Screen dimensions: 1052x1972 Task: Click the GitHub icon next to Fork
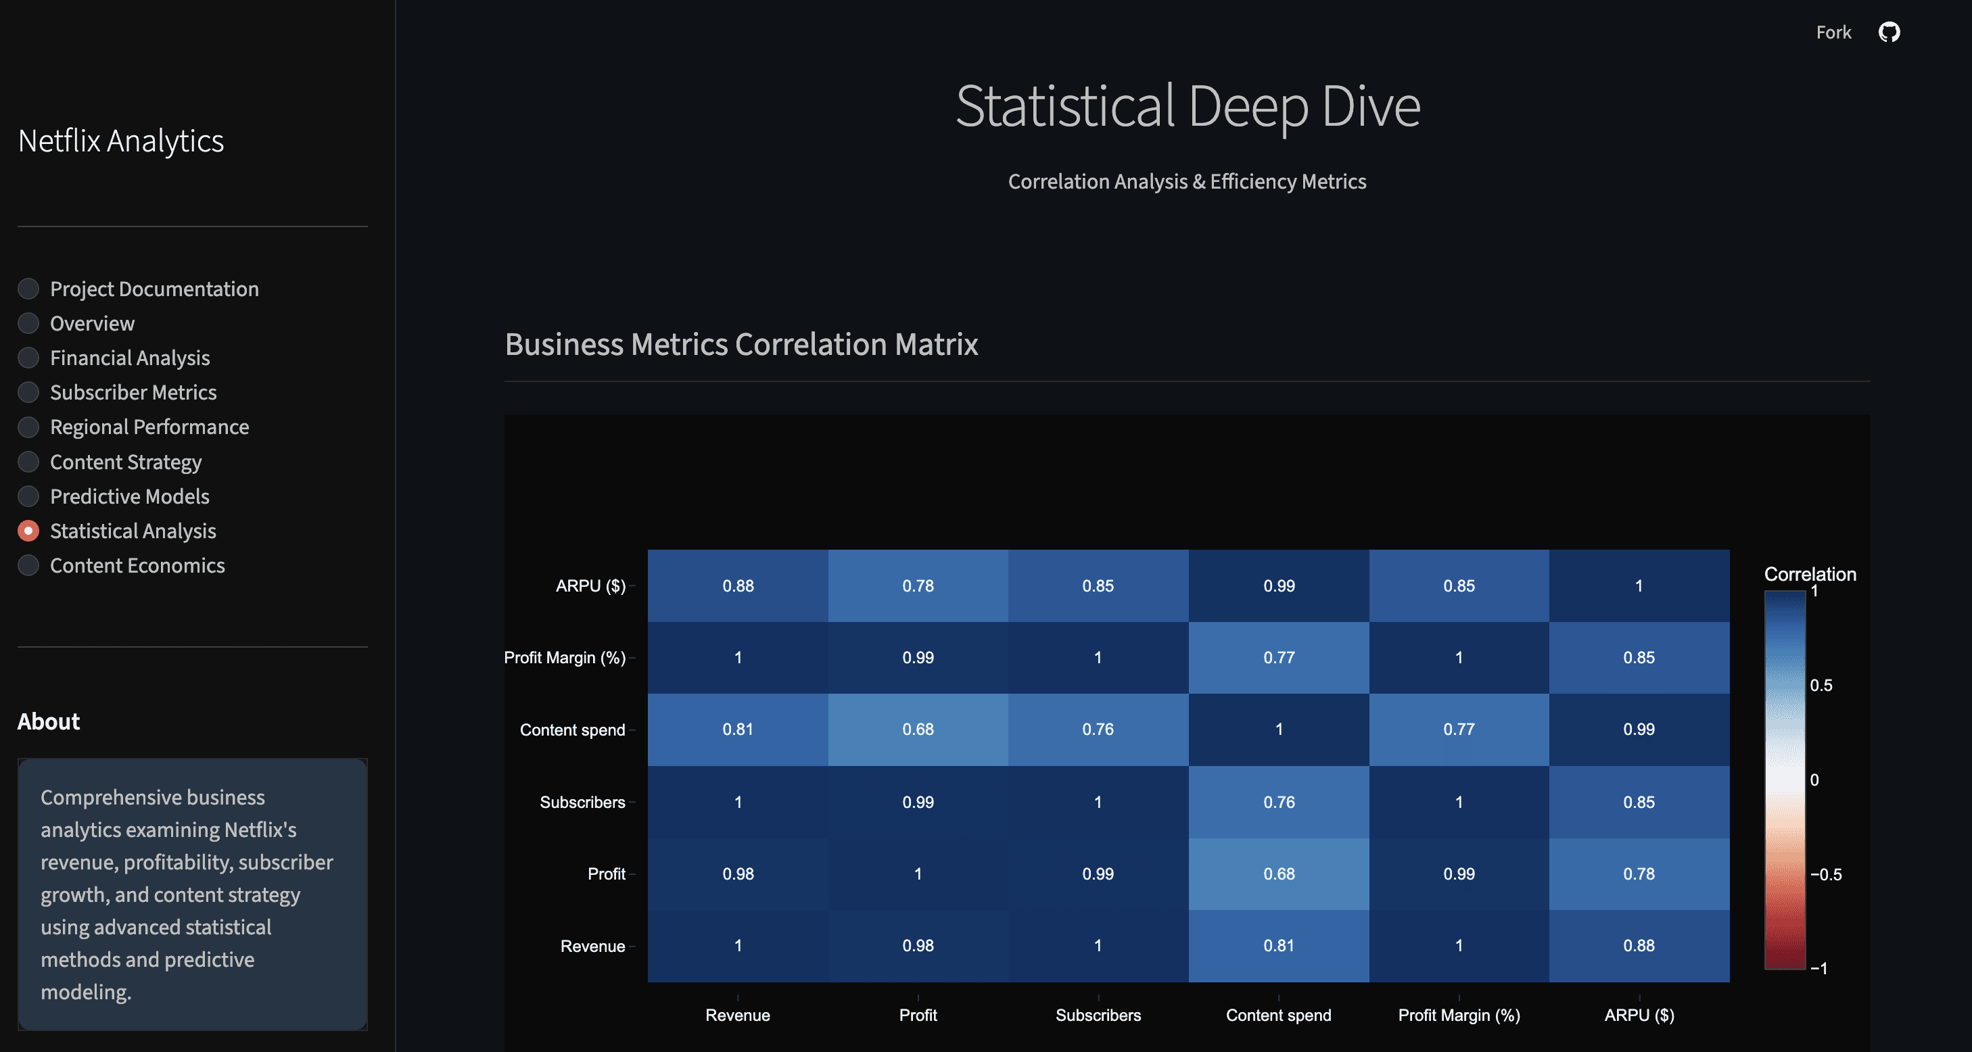pos(1889,32)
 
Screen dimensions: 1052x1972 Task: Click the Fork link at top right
pos(1833,32)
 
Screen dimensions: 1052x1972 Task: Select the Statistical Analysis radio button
pos(28,531)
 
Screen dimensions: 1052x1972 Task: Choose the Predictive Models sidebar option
pos(28,496)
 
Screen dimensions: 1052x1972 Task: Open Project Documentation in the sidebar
pos(28,289)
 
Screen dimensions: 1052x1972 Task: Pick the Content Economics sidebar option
pos(28,565)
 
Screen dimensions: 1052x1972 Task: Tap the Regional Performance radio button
pos(28,427)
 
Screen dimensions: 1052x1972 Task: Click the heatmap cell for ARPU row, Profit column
pos(918,586)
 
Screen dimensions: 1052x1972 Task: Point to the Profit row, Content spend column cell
pos(1278,874)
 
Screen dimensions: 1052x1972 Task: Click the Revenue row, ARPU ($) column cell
pos(1639,946)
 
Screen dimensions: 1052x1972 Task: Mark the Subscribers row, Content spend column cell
pos(1278,802)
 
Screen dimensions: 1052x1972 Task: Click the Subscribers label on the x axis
pos(1098,1015)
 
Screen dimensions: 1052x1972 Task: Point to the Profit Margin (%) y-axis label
pos(564,658)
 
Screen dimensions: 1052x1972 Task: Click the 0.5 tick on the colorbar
pos(1821,686)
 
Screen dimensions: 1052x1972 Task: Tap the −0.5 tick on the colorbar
pos(1826,874)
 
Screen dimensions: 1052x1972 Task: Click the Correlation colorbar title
pos(1810,574)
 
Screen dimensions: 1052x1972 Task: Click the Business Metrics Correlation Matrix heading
pos(741,344)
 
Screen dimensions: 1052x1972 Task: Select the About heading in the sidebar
pos(48,721)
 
